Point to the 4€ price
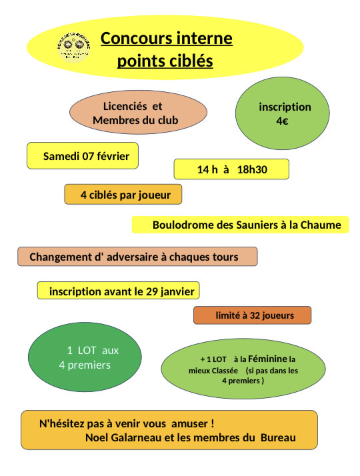pyautogui.click(x=282, y=121)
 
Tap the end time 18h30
pyautogui.click(x=253, y=169)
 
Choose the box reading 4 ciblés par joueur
pyautogui.click(x=123, y=195)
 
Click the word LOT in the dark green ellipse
pyautogui.click(x=89, y=351)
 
